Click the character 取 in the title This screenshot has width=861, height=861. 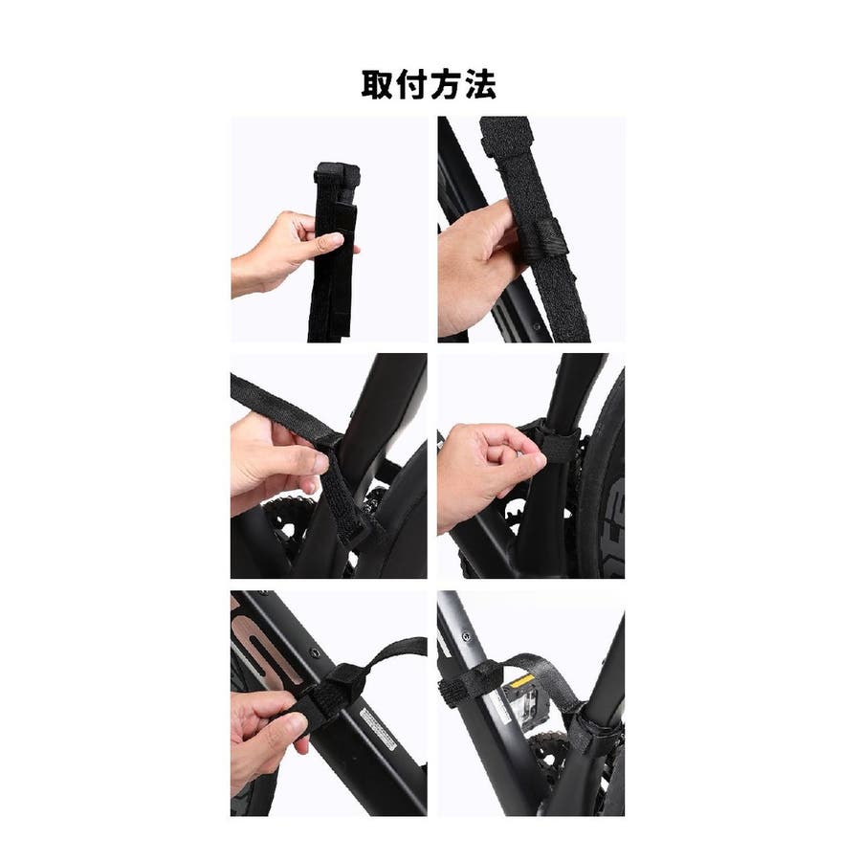(377, 84)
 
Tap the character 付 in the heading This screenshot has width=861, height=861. (411, 84)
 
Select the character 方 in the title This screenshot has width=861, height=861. (447, 84)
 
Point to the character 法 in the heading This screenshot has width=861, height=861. (481, 84)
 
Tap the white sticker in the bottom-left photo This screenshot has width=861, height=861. (378, 729)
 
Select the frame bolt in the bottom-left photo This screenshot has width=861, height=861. (315, 652)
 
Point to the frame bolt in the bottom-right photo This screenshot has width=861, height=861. (466, 637)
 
